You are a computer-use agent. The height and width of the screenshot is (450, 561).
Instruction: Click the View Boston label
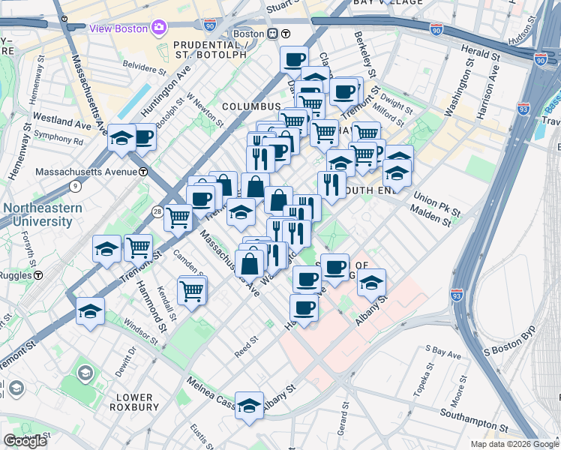pyautogui.click(x=118, y=28)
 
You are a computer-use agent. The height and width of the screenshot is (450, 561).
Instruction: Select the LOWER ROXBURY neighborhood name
pyautogui.click(x=134, y=402)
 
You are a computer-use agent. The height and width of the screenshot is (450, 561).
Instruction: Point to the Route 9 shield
pyautogui.click(x=75, y=185)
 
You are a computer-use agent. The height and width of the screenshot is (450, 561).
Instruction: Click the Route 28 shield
pyautogui.click(x=156, y=212)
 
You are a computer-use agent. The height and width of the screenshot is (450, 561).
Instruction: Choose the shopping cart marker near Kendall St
pyautogui.click(x=192, y=289)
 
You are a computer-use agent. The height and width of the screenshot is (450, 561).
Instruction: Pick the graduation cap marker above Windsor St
pyautogui.click(x=90, y=311)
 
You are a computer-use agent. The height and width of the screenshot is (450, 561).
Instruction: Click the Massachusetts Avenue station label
pyautogui.click(x=87, y=172)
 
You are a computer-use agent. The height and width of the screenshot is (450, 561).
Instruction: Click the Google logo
pyautogui.click(x=25, y=441)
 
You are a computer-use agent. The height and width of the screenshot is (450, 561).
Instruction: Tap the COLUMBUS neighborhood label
pyautogui.click(x=245, y=106)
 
